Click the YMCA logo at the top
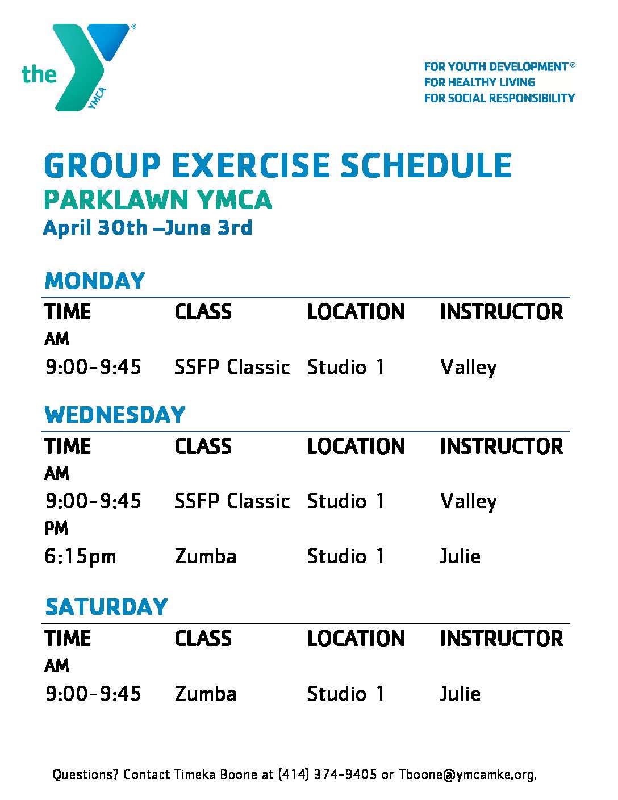tap(79, 68)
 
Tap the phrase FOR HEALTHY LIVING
tap(479, 82)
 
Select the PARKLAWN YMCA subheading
tap(158, 200)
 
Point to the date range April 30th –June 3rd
tap(148, 227)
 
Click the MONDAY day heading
tap(95, 281)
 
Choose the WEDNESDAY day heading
tap(115, 415)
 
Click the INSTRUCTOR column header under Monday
tap(502, 312)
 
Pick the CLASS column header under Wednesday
tap(203, 447)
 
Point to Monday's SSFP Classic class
tap(232, 367)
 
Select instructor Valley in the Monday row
tap(469, 368)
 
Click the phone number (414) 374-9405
tap(327, 774)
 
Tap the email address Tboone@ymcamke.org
tap(467, 774)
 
